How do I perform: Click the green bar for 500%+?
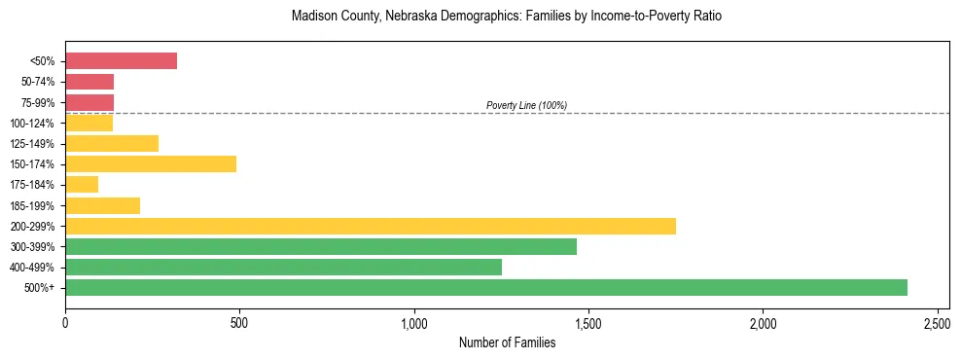pyautogui.click(x=486, y=287)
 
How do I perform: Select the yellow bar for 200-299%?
pyautogui.click(x=371, y=226)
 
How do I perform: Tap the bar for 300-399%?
pyautogui.click(x=321, y=246)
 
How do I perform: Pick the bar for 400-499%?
pyautogui.click(x=283, y=267)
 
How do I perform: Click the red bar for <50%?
pyautogui.click(x=121, y=60)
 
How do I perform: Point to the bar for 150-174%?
pyautogui.click(x=151, y=163)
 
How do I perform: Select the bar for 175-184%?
pyautogui.click(x=82, y=184)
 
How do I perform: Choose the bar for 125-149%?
pyautogui.click(x=112, y=143)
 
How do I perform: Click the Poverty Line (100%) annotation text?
pyautogui.click(x=526, y=105)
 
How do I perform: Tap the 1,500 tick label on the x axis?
pyautogui.click(x=588, y=322)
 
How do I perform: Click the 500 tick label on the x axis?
pyautogui.click(x=239, y=322)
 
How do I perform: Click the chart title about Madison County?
pyautogui.click(x=507, y=17)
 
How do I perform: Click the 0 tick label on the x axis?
pyautogui.click(x=65, y=322)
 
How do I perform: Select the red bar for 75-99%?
pyautogui.click(x=89, y=102)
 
